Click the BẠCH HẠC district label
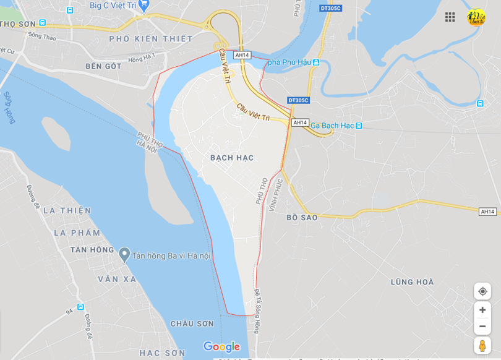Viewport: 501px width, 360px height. click(232, 158)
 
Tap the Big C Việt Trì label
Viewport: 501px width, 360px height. click(113, 5)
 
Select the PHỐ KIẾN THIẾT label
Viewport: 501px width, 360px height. click(151, 38)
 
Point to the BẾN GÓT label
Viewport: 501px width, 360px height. click(104, 66)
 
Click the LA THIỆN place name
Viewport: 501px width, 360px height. click(67, 210)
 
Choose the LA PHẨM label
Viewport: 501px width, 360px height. click(77, 233)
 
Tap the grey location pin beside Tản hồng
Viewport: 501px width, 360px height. click(124, 254)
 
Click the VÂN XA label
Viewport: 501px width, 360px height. click(117, 279)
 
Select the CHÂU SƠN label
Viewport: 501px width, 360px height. click(192, 324)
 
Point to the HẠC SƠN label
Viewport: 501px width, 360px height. click(162, 353)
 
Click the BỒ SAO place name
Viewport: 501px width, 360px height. click(302, 218)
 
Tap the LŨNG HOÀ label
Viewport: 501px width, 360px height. click(412, 282)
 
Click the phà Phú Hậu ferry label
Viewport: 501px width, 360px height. click(289, 62)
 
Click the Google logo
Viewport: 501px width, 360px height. click(221, 347)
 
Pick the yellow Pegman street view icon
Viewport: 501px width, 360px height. click(482, 346)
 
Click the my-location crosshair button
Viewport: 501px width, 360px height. click(482, 291)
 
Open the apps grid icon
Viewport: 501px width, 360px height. click(450, 17)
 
